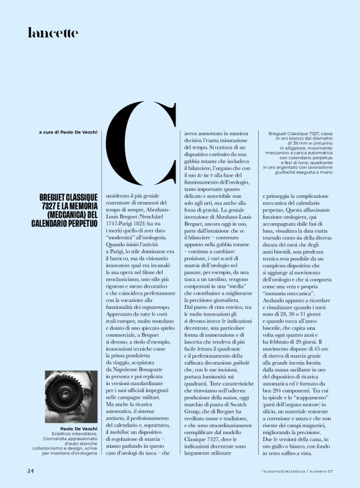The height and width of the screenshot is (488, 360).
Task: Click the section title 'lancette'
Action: click(53, 33)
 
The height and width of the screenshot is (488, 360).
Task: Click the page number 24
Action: click(30, 472)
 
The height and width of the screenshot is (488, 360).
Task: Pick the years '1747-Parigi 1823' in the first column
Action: click(130, 221)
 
